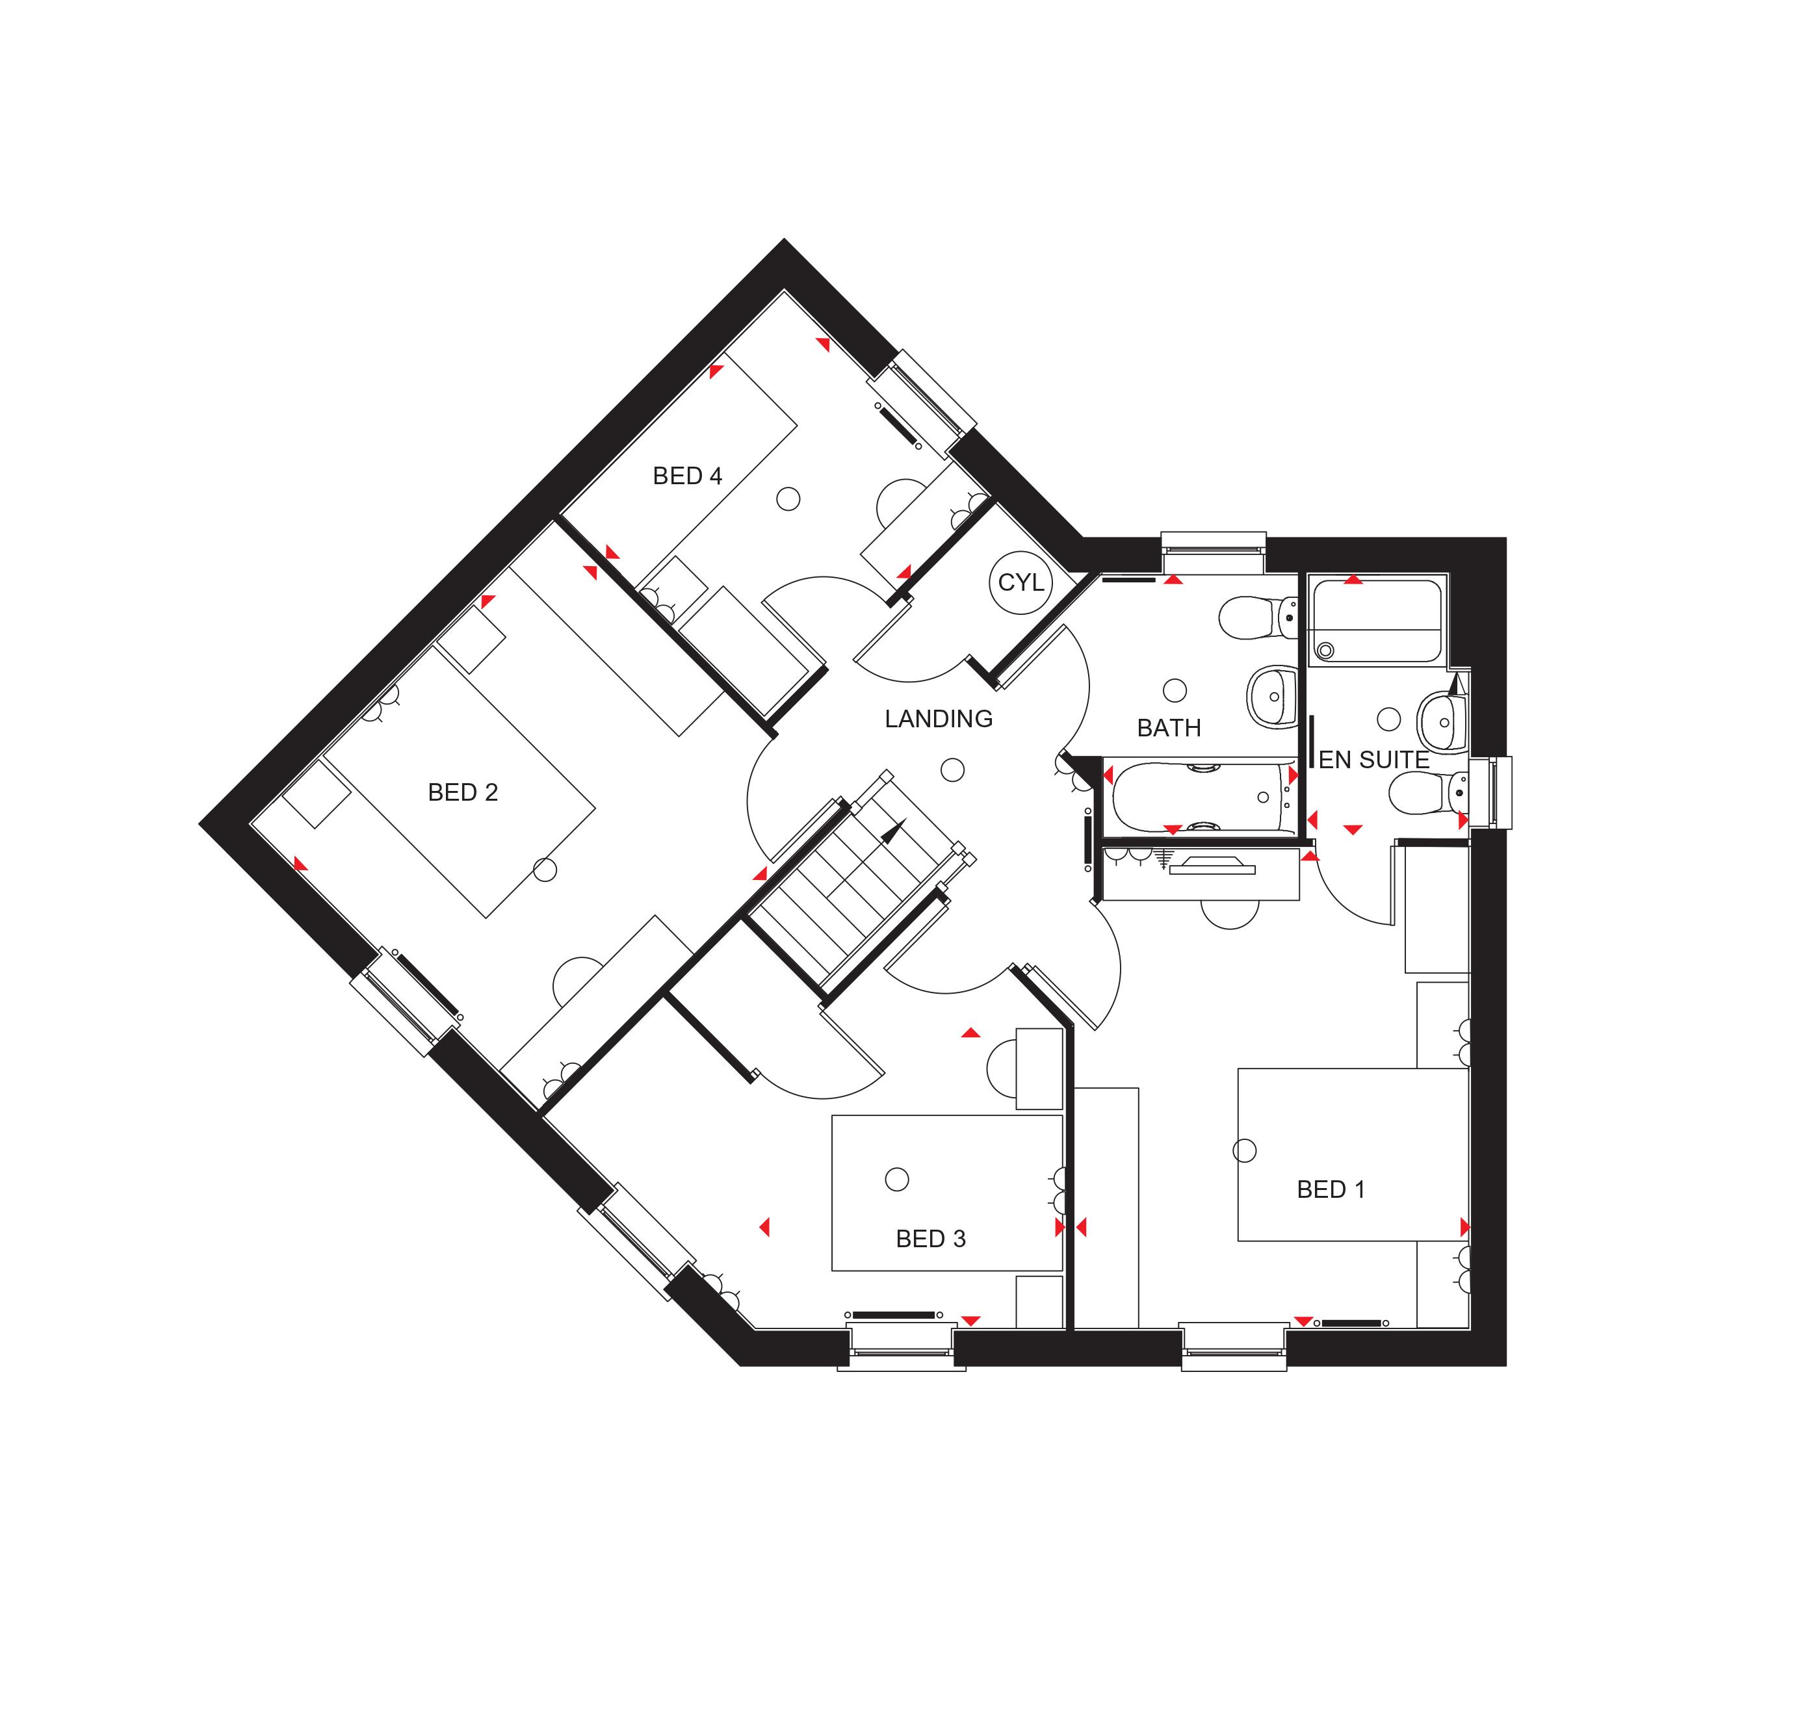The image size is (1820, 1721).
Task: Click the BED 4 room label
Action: tap(687, 476)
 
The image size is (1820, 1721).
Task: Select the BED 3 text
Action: tap(930, 1239)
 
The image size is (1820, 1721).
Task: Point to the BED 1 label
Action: tap(1330, 1190)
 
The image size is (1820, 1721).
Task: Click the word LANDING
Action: tap(939, 719)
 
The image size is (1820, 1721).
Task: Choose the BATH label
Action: tap(1169, 729)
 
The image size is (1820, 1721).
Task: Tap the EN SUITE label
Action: tap(1373, 760)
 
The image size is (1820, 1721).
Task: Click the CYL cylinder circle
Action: tap(1020, 582)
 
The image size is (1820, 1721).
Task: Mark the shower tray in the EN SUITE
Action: tap(1376, 621)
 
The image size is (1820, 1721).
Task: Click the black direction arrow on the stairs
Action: tap(890, 833)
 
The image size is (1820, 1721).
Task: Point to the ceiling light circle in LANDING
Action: tap(953, 771)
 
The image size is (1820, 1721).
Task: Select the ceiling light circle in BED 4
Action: tap(788, 499)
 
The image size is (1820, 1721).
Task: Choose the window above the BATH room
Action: tap(1213, 545)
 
